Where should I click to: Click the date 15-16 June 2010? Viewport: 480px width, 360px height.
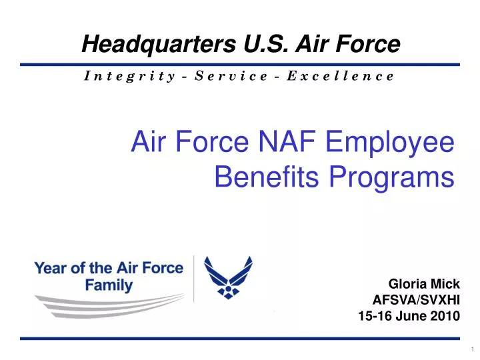pos(409,317)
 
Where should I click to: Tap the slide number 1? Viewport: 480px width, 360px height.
pos(471,350)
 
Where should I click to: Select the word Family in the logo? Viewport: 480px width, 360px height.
pos(110,285)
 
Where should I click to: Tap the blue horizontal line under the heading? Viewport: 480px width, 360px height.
pos(240,65)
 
